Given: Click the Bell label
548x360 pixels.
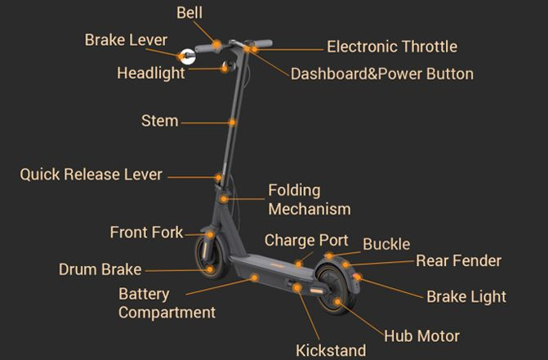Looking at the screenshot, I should [189, 13].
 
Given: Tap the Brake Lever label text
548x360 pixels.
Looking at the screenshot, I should [126, 40].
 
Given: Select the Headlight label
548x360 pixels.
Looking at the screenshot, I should [151, 73].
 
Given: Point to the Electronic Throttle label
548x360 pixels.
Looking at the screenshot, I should [391, 47].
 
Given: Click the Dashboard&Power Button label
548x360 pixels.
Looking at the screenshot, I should [381, 73].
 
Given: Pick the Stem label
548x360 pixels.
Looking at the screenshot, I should [159, 121].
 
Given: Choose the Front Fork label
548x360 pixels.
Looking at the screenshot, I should [146, 232].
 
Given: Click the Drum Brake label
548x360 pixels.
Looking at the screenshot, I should [100, 269].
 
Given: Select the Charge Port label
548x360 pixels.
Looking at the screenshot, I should [306, 240].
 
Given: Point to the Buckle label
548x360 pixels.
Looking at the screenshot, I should [386, 243].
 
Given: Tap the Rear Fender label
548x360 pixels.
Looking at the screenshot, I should [458, 261].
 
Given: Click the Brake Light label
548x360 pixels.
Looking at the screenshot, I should [466, 296].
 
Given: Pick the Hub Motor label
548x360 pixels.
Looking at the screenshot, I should [421, 336].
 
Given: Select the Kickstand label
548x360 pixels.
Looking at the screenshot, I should [330, 350].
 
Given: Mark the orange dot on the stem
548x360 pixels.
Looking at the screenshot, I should [232, 122].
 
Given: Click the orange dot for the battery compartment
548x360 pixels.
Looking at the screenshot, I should [254, 278].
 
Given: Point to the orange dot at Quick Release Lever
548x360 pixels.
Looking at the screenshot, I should [218, 176].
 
